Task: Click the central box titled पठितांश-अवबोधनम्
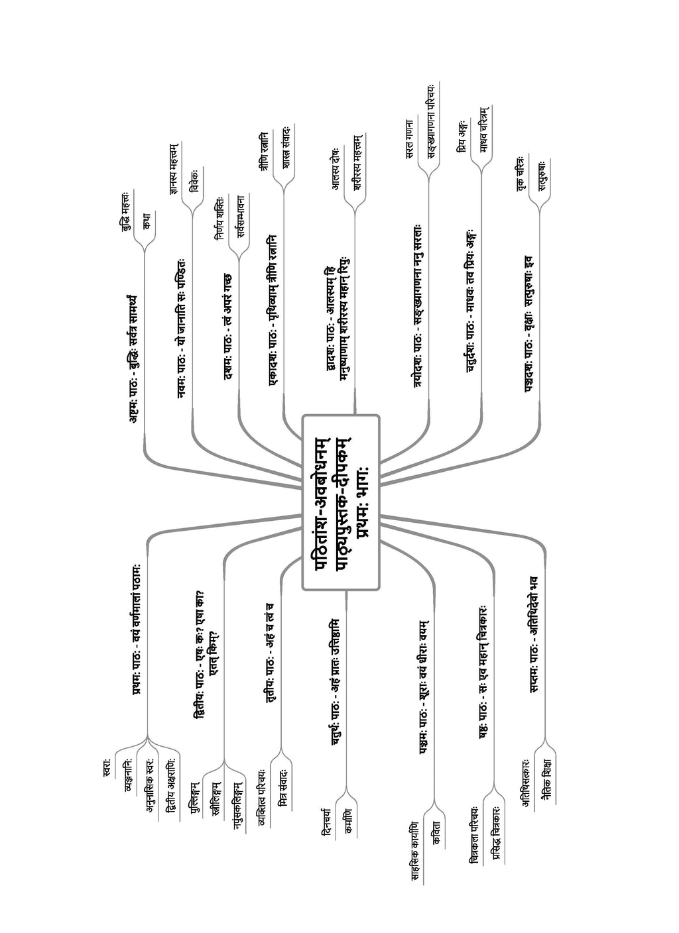point(341,502)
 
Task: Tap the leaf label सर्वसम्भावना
point(240,216)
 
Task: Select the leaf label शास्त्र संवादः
point(286,147)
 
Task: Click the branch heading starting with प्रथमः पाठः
point(138,630)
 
